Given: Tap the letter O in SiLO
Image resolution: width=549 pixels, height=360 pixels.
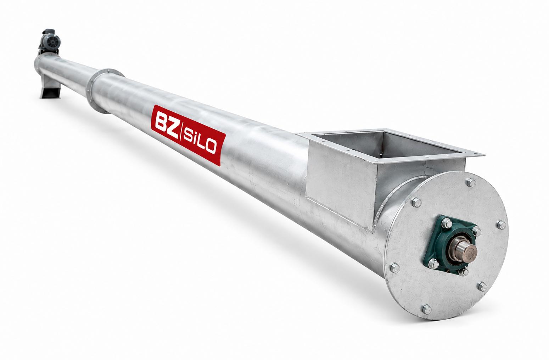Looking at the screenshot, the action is tap(211, 147).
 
